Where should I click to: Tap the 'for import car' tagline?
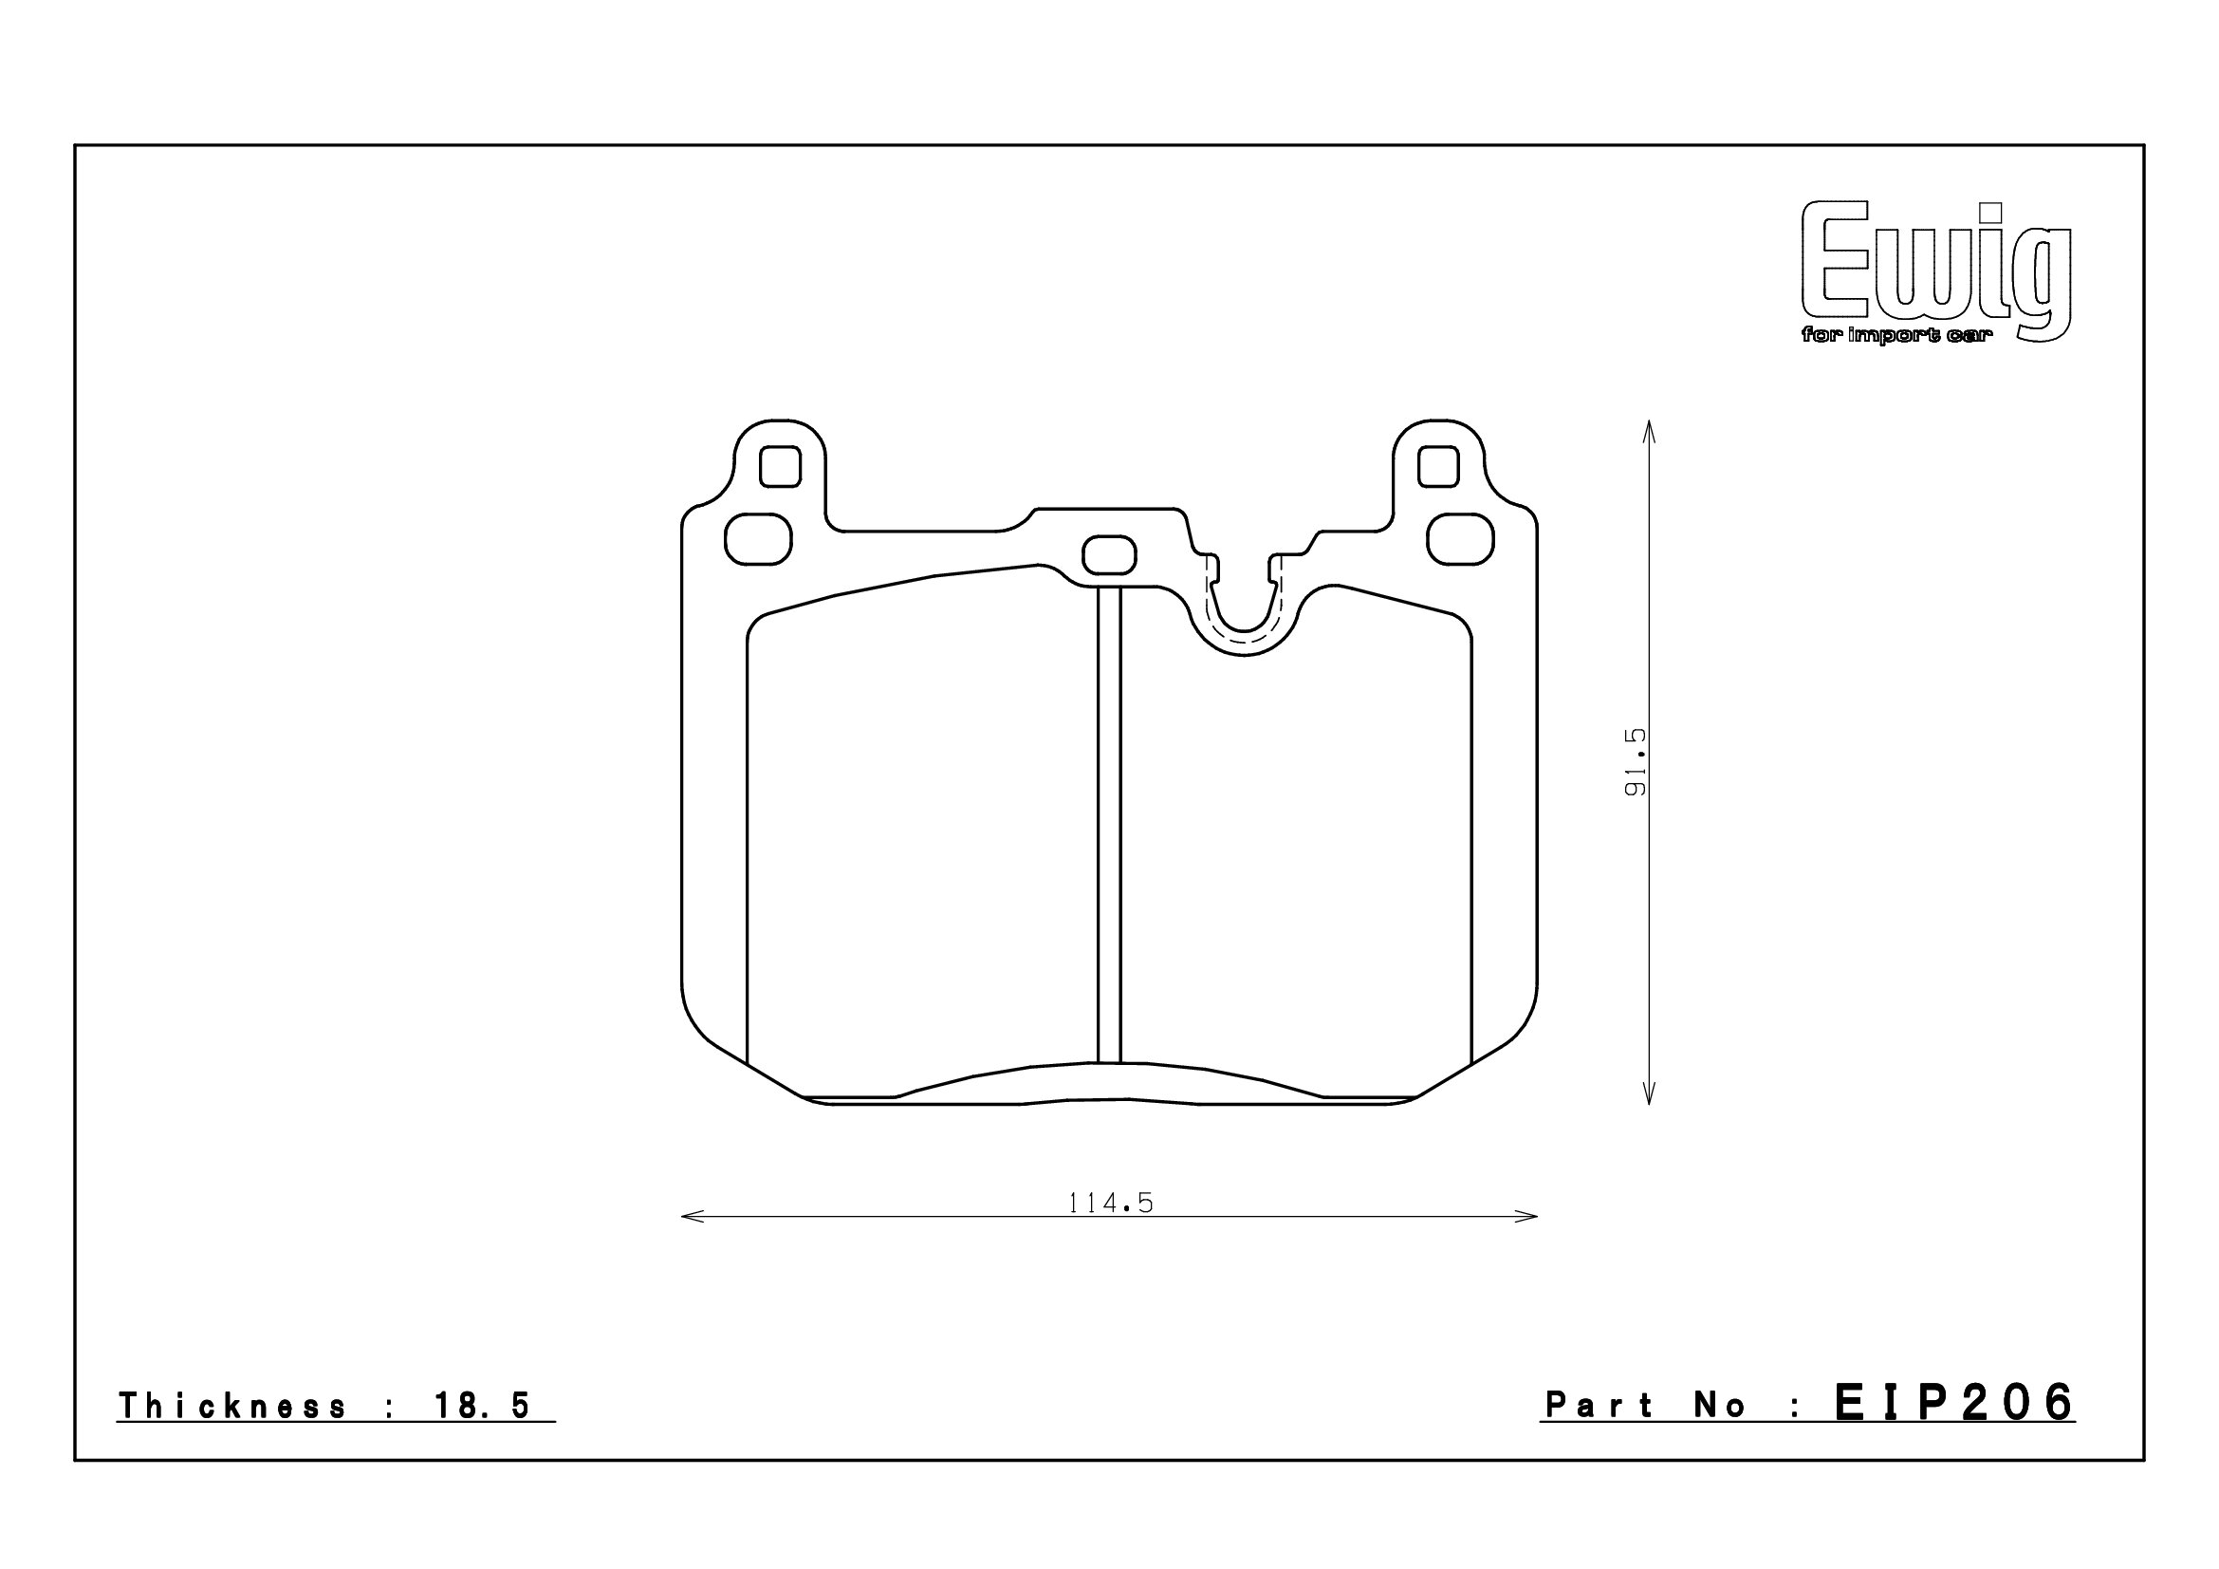coord(1880,335)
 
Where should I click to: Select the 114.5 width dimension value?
coord(1111,1203)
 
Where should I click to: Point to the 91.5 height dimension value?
coord(1635,762)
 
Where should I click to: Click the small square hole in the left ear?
coord(780,467)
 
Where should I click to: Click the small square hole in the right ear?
coord(1438,467)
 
